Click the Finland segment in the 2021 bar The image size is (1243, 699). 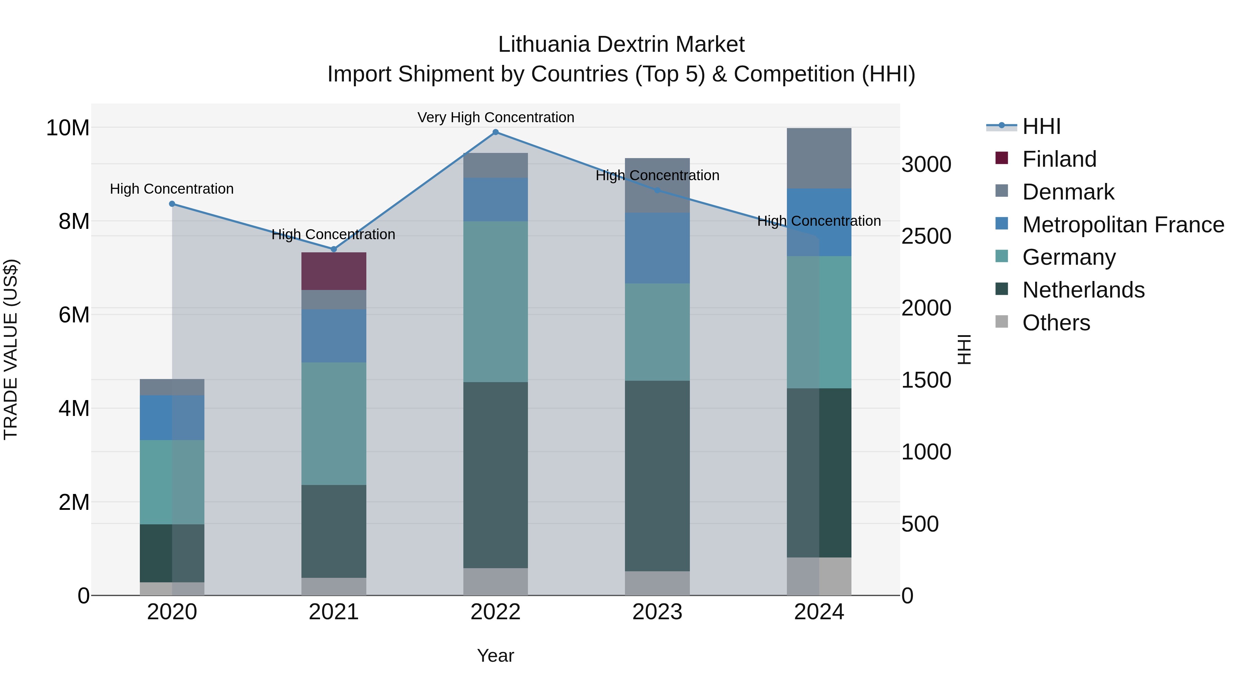pyautogui.click(x=334, y=271)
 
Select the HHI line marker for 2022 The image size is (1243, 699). pyautogui.click(x=495, y=132)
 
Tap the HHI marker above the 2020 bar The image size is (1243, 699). pyautogui.click(x=172, y=204)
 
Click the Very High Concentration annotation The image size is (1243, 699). pyautogui.click(x=495, y=118)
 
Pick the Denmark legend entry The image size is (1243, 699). pyautogui.click(x=1068, y=192)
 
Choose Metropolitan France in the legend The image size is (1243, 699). pyautogui.click(x=1123, y=225)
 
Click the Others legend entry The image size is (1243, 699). pyautogui.click(x=1056, y=323)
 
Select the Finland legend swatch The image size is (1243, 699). pyautogui.click(x=1002, y=159)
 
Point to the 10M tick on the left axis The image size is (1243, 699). pyautogui.click(x=68, y=128)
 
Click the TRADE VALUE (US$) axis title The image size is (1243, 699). pyautogui.click(x=11, y=349)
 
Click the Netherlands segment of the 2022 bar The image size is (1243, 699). pyautogui.click(x=495, y=475)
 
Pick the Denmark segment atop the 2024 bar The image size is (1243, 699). pyautogui.click(x=819, y=158)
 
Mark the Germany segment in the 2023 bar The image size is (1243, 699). pyautogui.click(x=657, y=332)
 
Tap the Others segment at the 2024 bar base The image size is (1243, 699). pyautogui.click(x=819, y=576)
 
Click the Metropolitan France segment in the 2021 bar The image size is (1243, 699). pyautogui.click(x=334, y=336)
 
